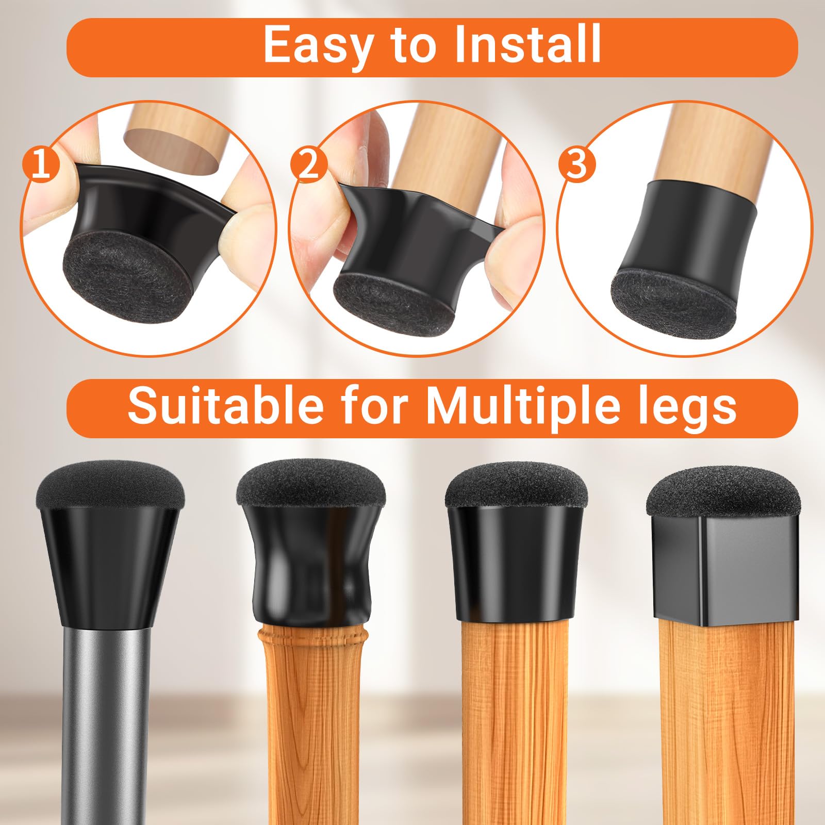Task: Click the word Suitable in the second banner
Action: coord(225,406)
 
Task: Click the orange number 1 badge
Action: coord(41,164)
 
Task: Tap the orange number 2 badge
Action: coord(308,164)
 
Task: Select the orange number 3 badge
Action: coord(577,164)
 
